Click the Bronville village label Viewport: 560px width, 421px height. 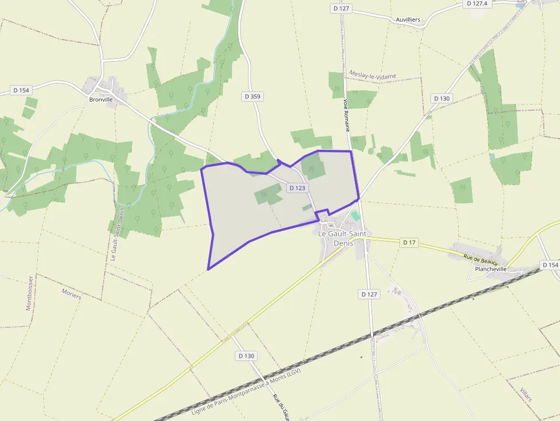pyautogui.click(x=101, y=99)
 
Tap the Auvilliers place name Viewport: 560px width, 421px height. pyautogui.click(x=408, y=19)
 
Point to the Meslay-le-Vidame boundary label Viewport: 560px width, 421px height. pyautogui.click(x=372, y=75)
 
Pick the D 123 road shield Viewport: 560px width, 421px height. pyautogui.click(x=297, y=187)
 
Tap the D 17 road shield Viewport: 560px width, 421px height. pyautogui.click(x=409, y=242)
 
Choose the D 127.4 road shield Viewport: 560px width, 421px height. pyautogui.click(x=478, y=3)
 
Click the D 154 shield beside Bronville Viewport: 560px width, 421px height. pyautogui.click(x=20, y=90)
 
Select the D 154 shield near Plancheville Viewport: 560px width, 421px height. pyautogui.click(x=550, y=265)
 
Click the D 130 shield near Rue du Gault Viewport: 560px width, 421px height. pyautogui.click(x=246, y=356)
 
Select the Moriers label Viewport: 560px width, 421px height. pyautogui.click(x=71, y=294)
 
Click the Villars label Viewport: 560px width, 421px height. pyautogui.click(x=526, y=394)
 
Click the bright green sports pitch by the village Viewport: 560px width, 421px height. pyautogui.click(x=355, y=216)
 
